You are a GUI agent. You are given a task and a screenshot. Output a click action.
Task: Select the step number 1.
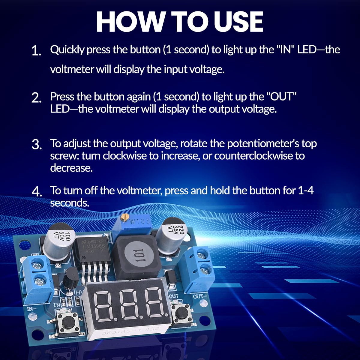(x=36, y=51)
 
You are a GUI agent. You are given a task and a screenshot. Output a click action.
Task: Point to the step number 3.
(x=36, y=145)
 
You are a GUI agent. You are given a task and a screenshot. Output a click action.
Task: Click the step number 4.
(x=36, y=192)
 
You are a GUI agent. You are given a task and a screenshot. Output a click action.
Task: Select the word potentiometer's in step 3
(x=263, y=143)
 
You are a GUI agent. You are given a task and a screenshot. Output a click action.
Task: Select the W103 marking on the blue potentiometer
(x=140, y=222)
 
